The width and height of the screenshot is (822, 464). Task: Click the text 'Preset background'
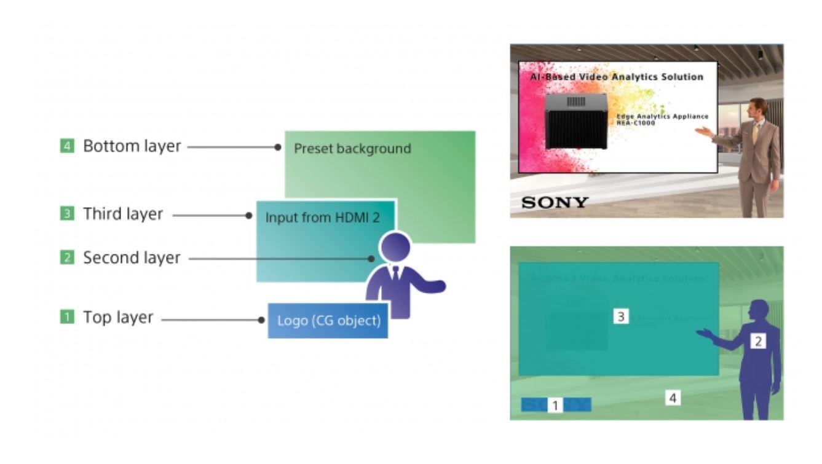tap(352, 149)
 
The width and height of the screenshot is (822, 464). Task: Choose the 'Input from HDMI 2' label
tap(322, 217)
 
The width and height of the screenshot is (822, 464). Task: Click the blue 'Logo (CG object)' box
tap(328, 321)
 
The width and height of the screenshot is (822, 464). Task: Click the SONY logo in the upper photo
tap(555, 202)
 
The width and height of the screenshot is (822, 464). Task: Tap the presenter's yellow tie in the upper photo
tap(754, 133)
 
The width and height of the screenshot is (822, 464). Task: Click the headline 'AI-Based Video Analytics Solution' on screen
tap(617, 77)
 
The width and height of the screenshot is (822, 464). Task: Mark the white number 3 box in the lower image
tap(621, 317)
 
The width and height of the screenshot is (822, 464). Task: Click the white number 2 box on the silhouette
tap(759, 340)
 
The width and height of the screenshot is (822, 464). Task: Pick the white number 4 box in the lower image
tap(673, 398)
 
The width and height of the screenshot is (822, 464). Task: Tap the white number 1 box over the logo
tap(556, 405)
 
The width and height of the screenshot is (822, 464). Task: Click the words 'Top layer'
tap(118, 318)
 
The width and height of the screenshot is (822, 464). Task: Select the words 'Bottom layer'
tap(132, 147)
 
